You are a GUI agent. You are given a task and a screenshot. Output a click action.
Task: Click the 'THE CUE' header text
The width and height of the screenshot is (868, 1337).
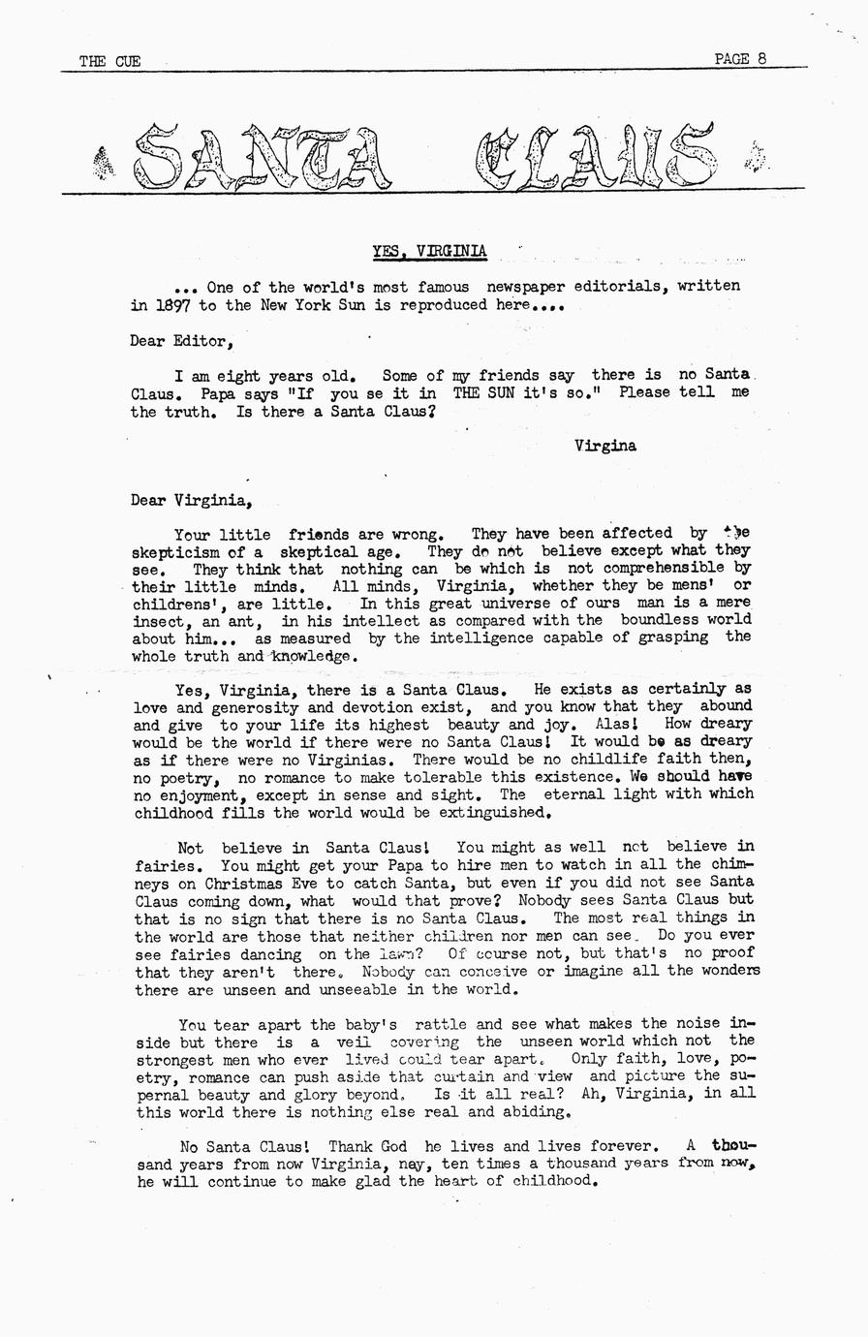pyautogui.click(x=109, y=61)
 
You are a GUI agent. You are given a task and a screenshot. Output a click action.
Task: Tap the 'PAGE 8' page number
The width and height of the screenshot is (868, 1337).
pyautogui.click(x=740, y=58)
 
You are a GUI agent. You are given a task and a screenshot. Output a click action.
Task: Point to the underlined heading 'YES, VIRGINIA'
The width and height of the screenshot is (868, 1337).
pyautogui.click(x=430, y=252)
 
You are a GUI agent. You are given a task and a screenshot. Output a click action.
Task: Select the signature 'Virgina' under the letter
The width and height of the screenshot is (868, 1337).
pyautogui.click(x=604, y=446)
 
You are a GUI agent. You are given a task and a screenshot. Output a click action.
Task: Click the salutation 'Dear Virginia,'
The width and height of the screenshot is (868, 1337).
pyautogui.click(x=191, y=501)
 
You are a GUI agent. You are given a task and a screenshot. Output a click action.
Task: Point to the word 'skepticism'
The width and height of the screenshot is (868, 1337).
pyautogui.click(x=175, y=550)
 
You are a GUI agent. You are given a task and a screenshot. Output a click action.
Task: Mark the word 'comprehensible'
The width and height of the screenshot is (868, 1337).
pyautogui.click(x=665, y=568)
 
